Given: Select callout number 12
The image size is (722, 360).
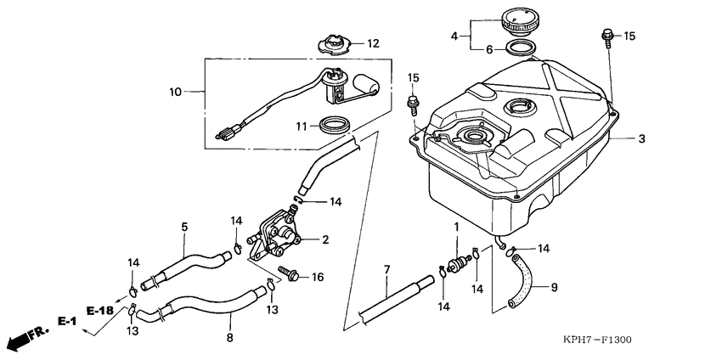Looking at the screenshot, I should (373, 42).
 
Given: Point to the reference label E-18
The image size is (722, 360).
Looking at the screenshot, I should (100, 311).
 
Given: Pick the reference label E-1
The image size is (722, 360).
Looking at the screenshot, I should (67, 321).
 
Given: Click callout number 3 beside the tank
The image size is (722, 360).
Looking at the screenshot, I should (642, 138).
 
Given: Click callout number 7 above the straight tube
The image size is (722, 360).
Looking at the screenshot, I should (386, 269).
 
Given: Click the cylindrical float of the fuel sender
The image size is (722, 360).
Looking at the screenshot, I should (368, 82).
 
